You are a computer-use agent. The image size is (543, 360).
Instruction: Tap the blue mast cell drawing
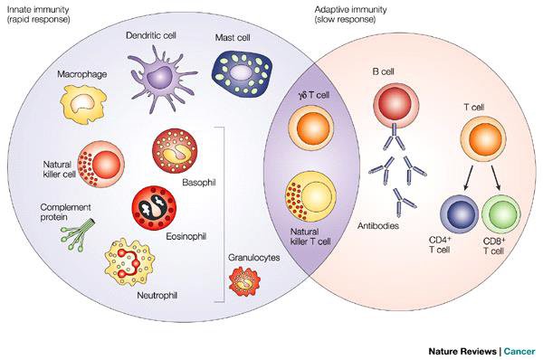point(242,76)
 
